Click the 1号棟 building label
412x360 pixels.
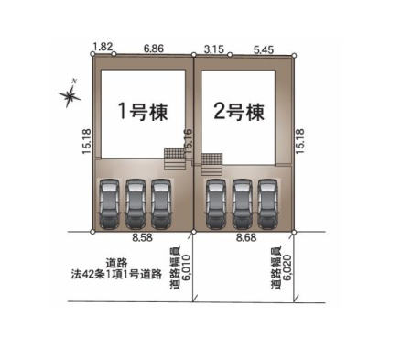pyautogui.click(x=143, y=112)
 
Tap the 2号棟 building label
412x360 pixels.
pyautogui.click(x=239, y=112)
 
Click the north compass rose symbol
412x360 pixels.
pyautogui.click(x=70, y=95)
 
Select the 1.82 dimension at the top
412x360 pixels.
pyautogui.click(x=103, y=47)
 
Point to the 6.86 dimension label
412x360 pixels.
pyautogui.click(x=154, y=49)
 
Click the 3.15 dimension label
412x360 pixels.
pyautogui.click(x=214, y=49)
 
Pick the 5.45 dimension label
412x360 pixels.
pyautogui.click(x=264, y=49)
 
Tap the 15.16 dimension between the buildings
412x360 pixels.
pyautogui.click(x=188, y=141)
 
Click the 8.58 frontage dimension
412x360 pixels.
pyautogui.click(x=142, y=237)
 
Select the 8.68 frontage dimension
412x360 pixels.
pyautogui.click(x=246, y=237)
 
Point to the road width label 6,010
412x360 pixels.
pyautogui.click(x=186, y=267)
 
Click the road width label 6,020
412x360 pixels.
pyautogui.click(x=287, y=267)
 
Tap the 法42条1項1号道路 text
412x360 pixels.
pyautogui.click(x=116, y=274)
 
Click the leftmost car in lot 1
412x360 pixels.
pyautogui.click(x=109, y=204)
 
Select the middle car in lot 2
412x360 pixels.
pyautogui.click(x=242, y=204)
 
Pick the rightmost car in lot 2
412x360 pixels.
pyautogui.click(x=267, y=204)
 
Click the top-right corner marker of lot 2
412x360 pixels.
pyautogui.click(x=294, y=56)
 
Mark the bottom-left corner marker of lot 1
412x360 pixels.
pyautogui.click(x=92, y=232)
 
